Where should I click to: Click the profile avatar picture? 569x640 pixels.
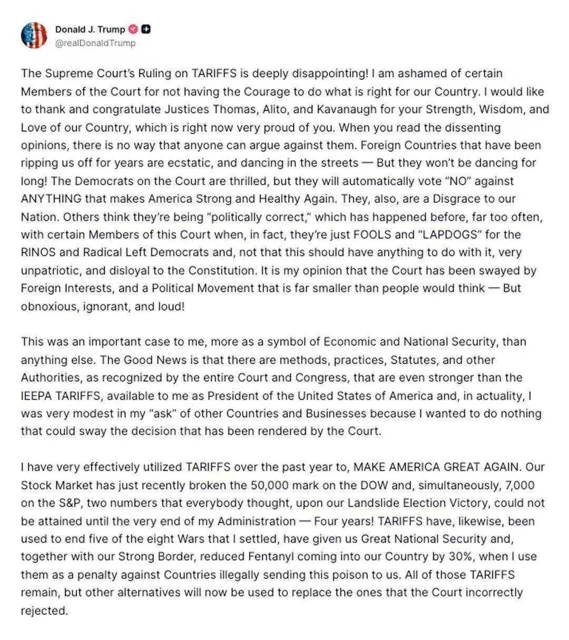(34, 35)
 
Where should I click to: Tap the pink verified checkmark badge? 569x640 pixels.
(133, 29)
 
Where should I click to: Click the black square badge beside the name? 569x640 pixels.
(146, 29)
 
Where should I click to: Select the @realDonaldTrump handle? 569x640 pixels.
(95, 43)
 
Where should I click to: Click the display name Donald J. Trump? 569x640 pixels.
(90, 29)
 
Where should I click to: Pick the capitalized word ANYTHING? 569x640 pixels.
(51, 199)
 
